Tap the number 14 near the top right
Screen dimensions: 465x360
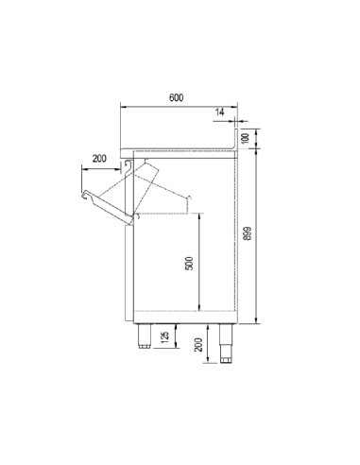pyautogui.click(x=220, y=112)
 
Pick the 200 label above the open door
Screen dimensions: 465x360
pyautogui.click(x=100, y=158)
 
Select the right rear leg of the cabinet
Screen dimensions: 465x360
pyautogui.click(x=228, y=340)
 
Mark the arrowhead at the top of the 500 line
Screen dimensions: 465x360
pyautogui.click(x=199, y=215)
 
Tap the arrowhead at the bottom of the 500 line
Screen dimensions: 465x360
pyautogui.click(x=199, y=310)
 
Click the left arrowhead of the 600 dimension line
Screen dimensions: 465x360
pyautogui.click(x=122, y=106)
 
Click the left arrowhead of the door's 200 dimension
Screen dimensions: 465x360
pyautogui.click(x=82, y=165)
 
